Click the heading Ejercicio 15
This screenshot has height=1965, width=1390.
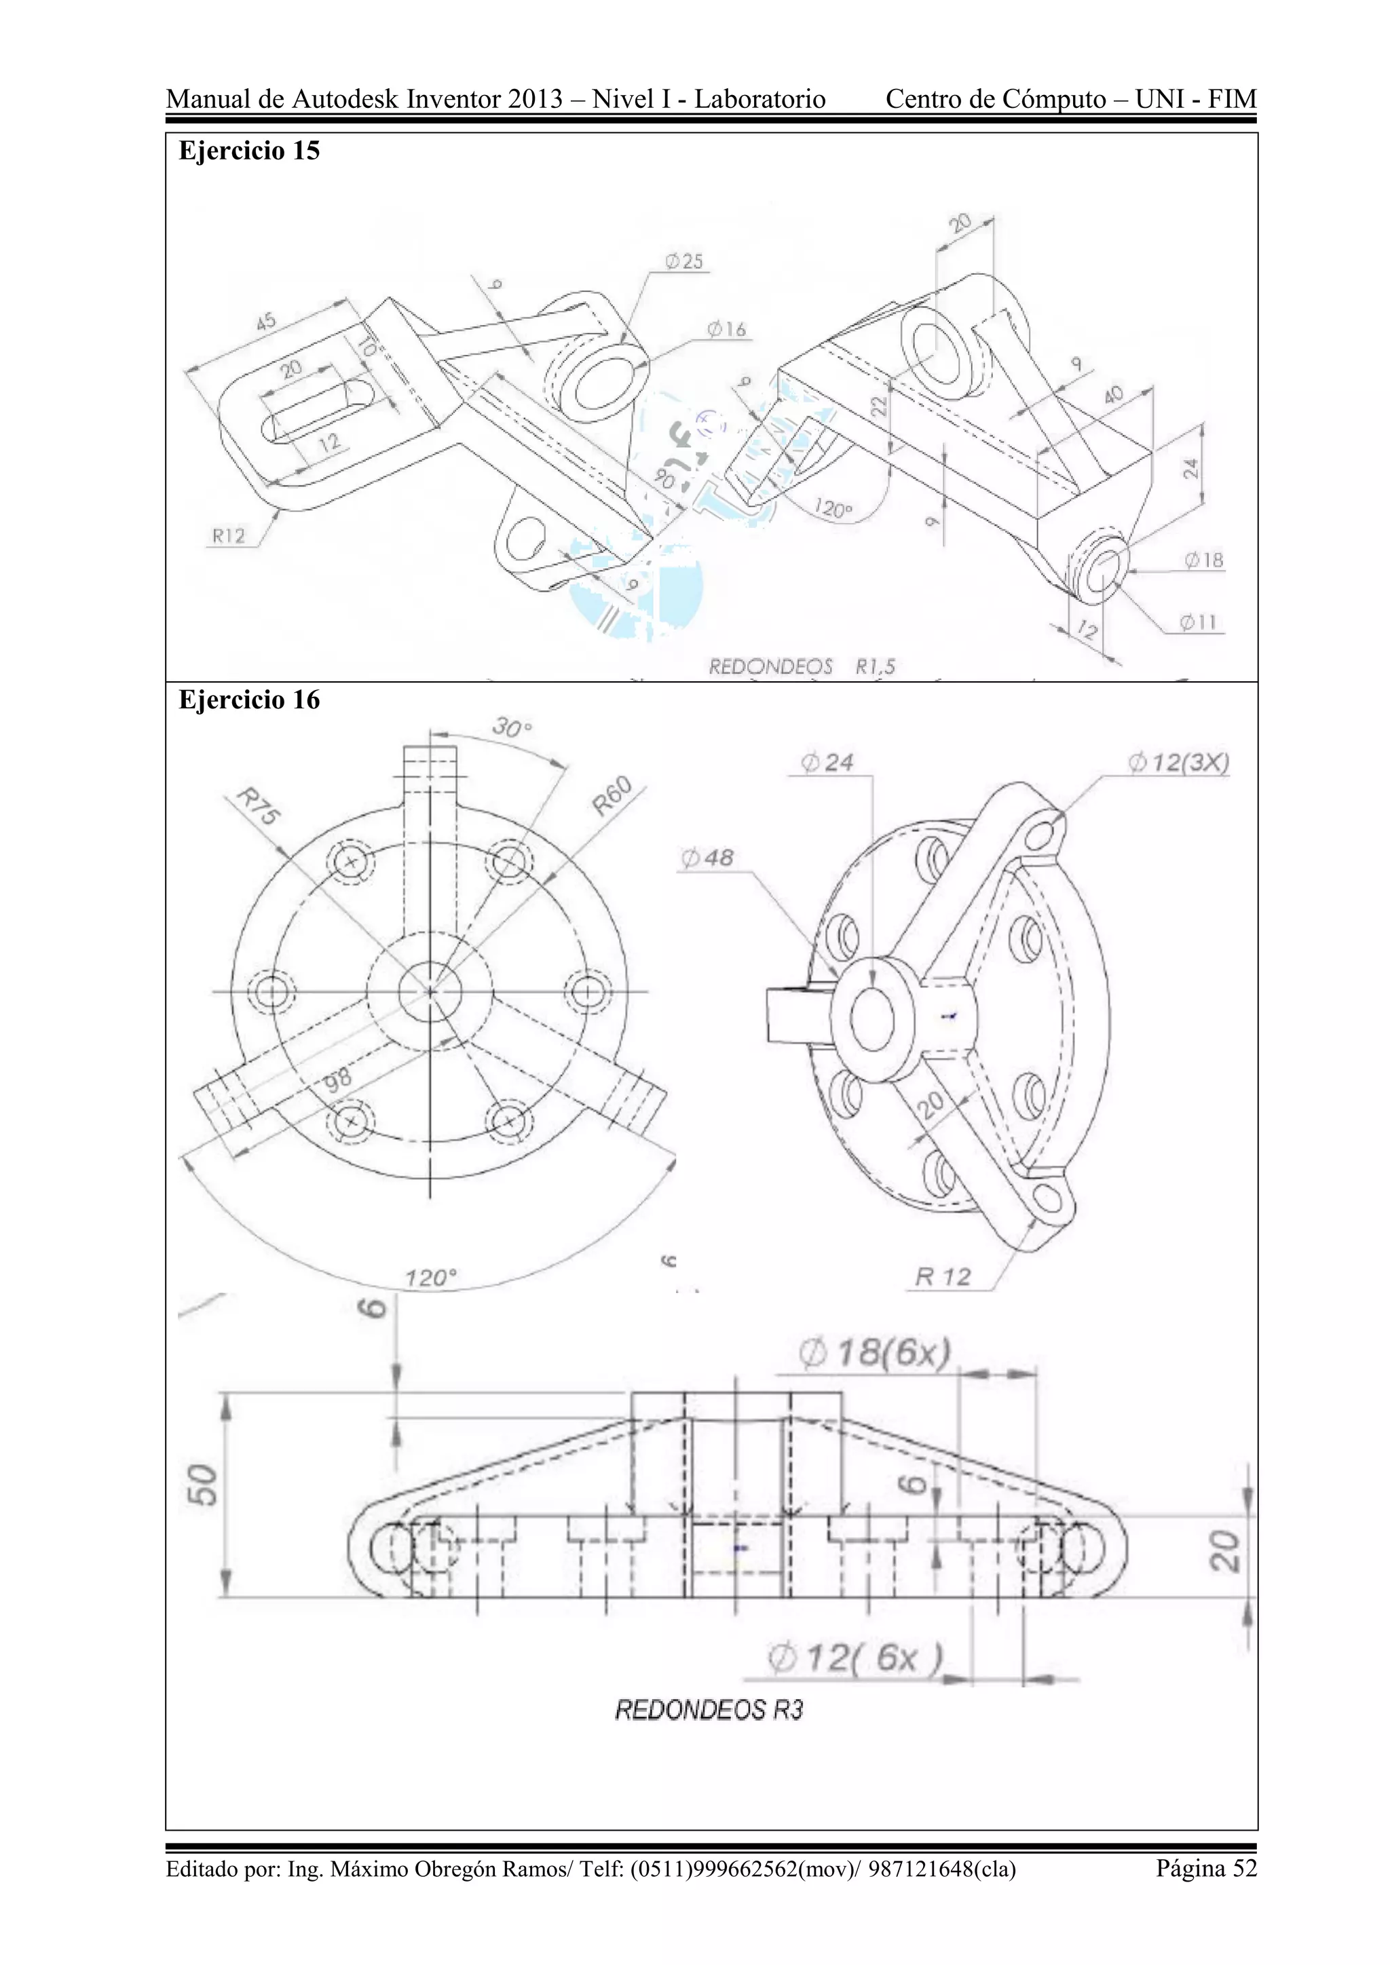(248, 151)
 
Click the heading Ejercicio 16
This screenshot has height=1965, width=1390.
(248, 700)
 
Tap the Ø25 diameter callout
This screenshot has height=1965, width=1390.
(684, 261)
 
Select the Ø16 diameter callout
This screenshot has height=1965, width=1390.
(727, 328)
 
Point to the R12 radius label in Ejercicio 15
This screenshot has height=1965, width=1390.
(229, 537)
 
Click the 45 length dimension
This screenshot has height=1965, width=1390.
(266, 322)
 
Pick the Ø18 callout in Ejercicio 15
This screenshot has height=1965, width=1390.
(1203, 560)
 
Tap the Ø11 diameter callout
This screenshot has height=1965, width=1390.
(1199, 622)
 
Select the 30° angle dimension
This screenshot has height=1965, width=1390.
(512, 728)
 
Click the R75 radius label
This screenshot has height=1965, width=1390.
(258, 806)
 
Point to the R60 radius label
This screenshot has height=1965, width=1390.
(612, 796)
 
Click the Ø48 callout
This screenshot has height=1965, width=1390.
(707, 858)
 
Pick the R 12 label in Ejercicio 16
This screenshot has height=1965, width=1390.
(942, 1277)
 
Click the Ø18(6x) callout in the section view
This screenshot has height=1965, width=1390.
(874, 1353)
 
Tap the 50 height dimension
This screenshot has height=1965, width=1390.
(203, 1485)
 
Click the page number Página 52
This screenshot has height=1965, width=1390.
(1206, 1867)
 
